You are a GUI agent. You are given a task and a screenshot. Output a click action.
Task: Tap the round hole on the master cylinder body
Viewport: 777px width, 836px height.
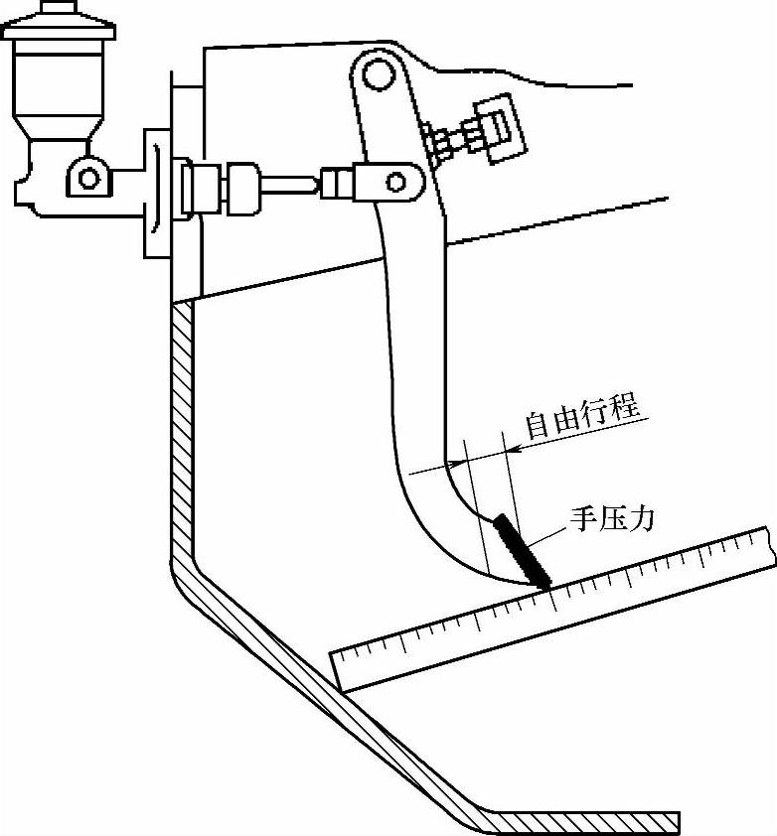pos(88,178)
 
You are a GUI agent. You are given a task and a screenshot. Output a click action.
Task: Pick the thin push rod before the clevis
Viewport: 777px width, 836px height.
pos(294,183)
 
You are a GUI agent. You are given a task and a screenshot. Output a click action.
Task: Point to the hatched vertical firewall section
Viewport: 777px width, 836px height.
pos(180,427)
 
